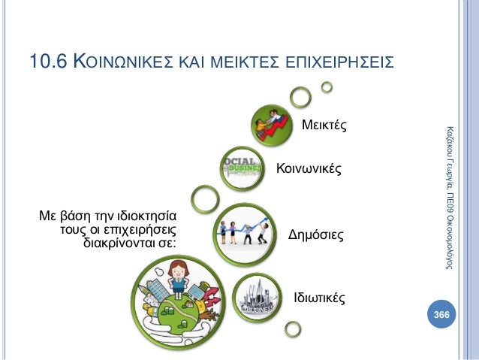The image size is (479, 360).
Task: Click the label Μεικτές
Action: point(324,125)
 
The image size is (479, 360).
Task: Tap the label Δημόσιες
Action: point(316,235)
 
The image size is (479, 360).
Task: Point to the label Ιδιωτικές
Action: point(319,298)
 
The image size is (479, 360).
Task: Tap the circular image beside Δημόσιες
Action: point(247,230)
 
